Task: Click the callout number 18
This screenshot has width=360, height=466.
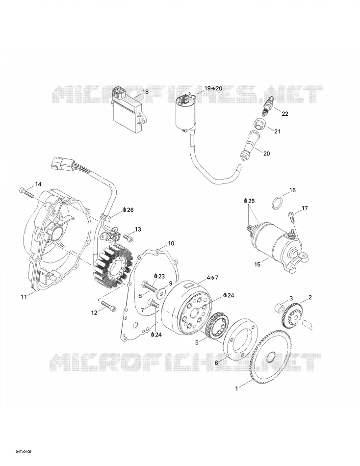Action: (145, 92)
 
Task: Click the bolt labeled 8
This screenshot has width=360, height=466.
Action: (150, 287)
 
